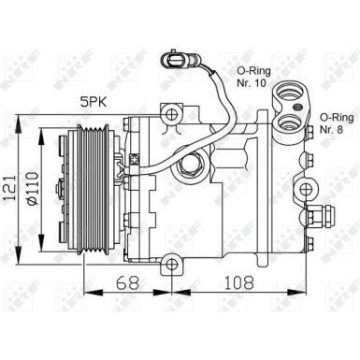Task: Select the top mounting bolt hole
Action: tap(170, 115)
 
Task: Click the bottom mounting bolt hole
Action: tap(171, 266)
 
